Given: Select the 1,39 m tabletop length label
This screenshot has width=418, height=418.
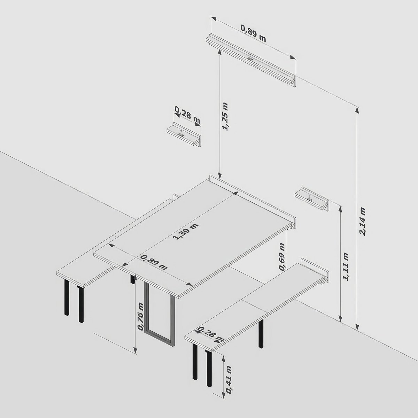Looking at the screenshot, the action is tap(186, 232).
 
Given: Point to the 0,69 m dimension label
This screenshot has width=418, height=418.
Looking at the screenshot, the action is tap(282, 257).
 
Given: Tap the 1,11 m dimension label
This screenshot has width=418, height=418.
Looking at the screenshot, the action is tap(346, 266).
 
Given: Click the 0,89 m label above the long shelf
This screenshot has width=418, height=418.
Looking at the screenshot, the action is tap(253, 33).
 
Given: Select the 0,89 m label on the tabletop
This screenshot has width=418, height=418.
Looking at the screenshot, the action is tap(154, 262).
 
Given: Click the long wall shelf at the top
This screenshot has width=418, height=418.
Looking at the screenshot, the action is tap(251, 61).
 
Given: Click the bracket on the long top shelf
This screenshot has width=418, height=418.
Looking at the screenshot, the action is tap(250, 58).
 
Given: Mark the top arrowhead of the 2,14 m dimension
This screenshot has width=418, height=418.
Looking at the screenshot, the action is tap(357, 111).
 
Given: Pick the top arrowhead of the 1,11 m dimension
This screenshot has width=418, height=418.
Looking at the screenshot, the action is tap(340, 210).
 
